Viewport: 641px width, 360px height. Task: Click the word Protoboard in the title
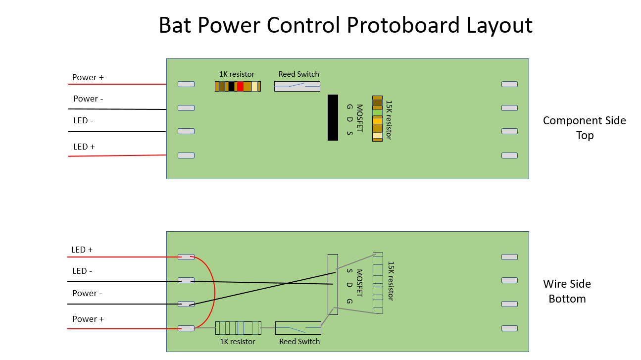click(x=403, y=25)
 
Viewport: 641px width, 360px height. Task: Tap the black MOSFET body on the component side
click(x=333, y=118)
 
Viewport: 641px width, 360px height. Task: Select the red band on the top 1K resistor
click(x=240, y=87)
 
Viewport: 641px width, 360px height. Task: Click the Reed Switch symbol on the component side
click(x=297, y=87)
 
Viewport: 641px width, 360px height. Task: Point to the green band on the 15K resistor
click(x=378, y=113)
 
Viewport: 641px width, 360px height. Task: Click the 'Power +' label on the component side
click(x=88, y=78)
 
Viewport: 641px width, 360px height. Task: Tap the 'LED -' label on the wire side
click(x=82, y=271)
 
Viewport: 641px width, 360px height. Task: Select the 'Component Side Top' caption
click(x=585, y=128)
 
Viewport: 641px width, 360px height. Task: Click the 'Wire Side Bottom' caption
click(x=567, y=291)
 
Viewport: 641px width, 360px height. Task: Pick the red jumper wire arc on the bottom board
click(x=215, y=292)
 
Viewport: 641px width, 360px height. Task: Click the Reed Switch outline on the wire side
click(x=298, y=328)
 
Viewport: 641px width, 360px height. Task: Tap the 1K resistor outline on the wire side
click(x=238, y=328)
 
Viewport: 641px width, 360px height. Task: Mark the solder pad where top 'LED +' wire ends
click(x=186, y=155)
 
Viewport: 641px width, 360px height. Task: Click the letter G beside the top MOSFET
click(x=349, y=107)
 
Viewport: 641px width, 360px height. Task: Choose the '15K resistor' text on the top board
click(x=389, y=120)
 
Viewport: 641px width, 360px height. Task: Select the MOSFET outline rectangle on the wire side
click(x=333, y=284)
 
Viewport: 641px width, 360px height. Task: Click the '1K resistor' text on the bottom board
click(x=237, y=342)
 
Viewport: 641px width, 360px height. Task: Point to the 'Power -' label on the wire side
click(x=87, y=293)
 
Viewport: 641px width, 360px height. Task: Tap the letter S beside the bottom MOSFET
click(x=349, y=271)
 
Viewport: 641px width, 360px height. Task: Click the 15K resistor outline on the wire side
click(x=378, y=283)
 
